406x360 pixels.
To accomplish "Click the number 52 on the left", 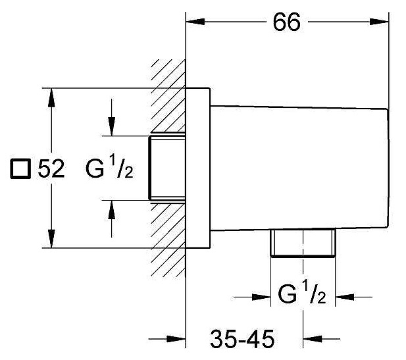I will coord(51,168).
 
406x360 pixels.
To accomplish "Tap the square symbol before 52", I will coord(20,169).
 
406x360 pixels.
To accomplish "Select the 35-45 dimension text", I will coord(241,340).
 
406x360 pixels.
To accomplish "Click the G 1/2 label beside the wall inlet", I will coord(110,169).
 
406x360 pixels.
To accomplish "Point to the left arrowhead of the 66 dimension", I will coord(195,22).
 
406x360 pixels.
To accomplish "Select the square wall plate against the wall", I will coord(198,167).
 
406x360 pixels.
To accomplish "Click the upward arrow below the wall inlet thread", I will coord(113,209).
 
